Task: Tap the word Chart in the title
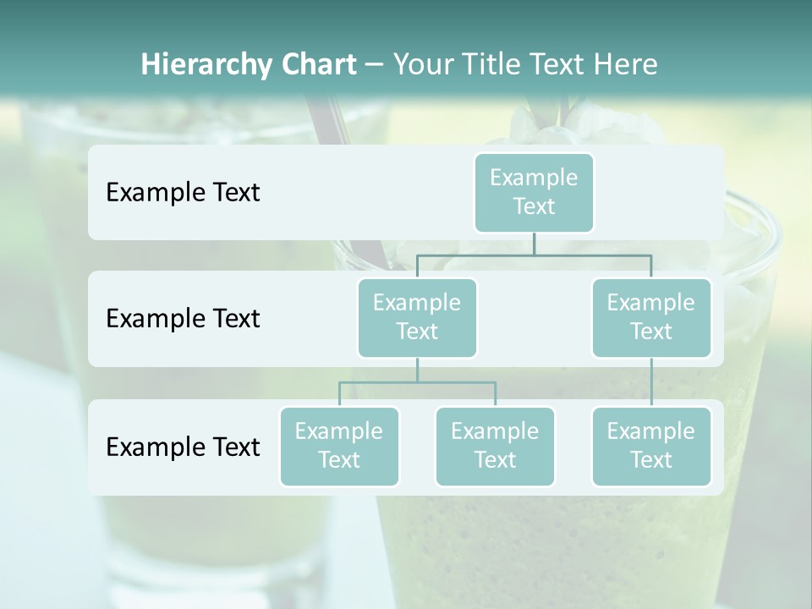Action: pyautogui.click(x=315, y=64)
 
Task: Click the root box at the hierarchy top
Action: pyautogui.click(x=534, y=192)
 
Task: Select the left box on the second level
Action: pyautogui.click(x=417, y=317)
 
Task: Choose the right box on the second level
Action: pyautogui.click(x=651, y=317)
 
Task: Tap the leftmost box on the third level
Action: pyautogui.click(x=339, y=446)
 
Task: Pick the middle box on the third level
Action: pyautogui.click(x=495, y=446)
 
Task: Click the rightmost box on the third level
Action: pyautogui.click(x=651, y=446)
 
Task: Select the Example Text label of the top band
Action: pyautogui.click(x=183, y=192)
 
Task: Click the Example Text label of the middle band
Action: pyautogui.click(x=183, y=318)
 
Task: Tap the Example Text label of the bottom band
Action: pyautogui.click(x=183, y=447)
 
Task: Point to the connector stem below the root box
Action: pyautogui.click(x=534, y=244)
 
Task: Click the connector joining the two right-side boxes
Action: pyautogui.click(x=651, y=382)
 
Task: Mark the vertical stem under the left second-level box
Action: pyautogui.click(x=417, y=370)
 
